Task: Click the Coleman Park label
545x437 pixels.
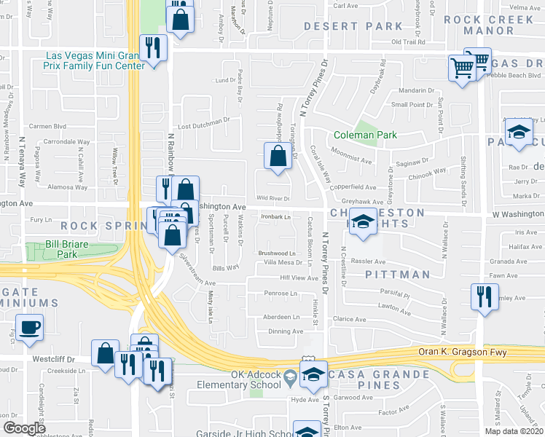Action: [365, 135]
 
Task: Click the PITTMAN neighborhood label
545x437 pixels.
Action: [397, 275]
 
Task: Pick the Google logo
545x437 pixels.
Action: [24, 428]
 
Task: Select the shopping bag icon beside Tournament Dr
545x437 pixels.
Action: [277, 156]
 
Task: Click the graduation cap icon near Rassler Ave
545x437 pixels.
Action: [362, 222]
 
